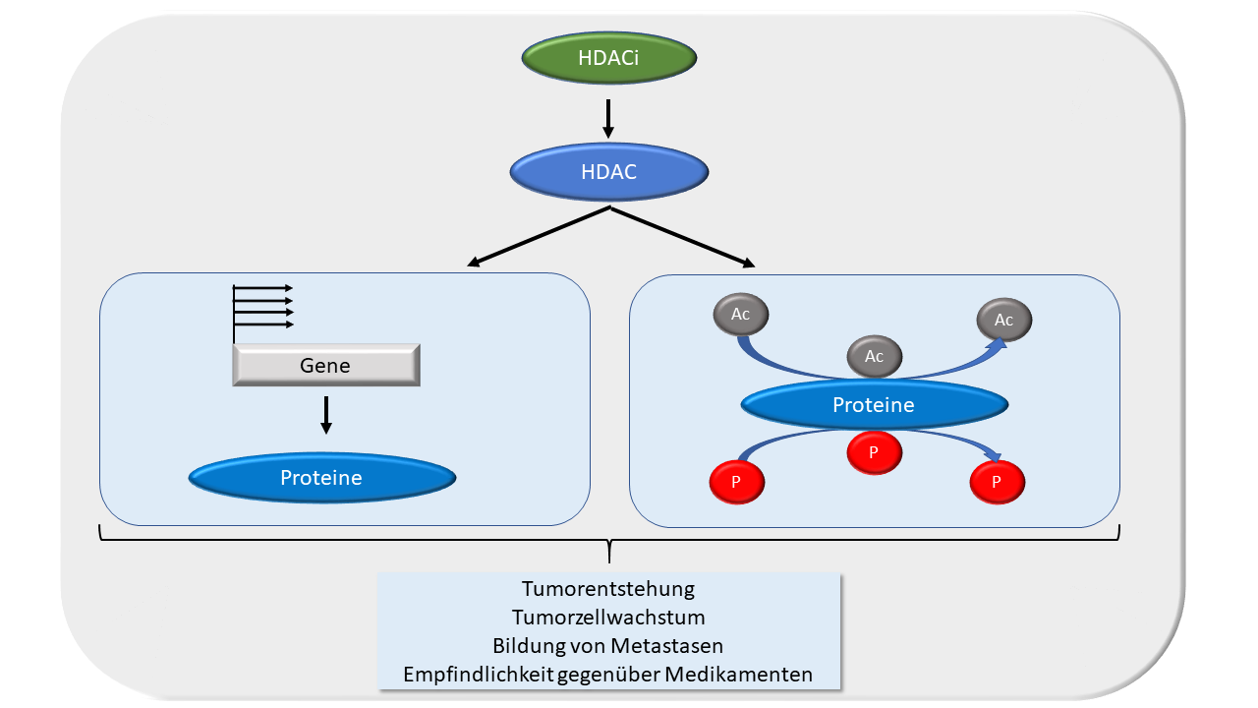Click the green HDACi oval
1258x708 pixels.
point(608,58)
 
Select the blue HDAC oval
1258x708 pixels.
point(608,172)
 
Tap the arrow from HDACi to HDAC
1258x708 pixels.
point(608,118)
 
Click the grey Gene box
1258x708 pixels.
point(325,365)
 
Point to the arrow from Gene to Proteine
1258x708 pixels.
point(326,414)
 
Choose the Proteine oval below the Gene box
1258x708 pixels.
point(321,478)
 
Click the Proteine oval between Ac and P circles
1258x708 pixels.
point(874,404)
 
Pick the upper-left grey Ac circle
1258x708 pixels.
point(740,315)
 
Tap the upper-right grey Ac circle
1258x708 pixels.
point(1003,320)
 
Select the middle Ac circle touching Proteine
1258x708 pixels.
point(874,355)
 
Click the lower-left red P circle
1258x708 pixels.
point(736,482)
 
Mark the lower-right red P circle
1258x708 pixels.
point(997,482)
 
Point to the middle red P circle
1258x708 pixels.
point(874,452)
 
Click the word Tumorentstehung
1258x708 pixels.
point(608,589)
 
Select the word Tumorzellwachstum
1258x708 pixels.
point(608,618)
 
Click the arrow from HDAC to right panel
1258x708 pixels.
point(683,236)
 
